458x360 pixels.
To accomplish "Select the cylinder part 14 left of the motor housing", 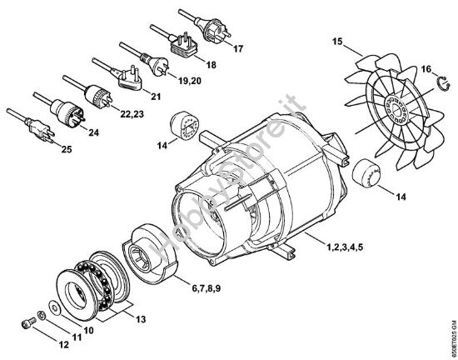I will tap(182, 125).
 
